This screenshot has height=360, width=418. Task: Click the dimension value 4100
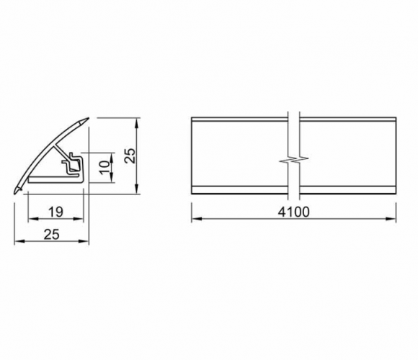pos(294,212)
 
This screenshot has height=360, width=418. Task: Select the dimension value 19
pos(56,212)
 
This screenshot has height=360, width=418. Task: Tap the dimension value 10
pos(104,167)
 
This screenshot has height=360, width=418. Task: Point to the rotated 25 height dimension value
pos(131,156)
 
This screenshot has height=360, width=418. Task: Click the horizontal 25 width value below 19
pos(52,234)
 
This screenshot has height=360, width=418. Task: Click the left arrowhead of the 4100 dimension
pos(196,219)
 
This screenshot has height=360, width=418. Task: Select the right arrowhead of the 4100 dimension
pos(391,219)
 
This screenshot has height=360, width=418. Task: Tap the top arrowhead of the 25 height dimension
pos(136,123)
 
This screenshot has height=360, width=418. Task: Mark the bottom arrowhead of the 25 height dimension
pos(136,189)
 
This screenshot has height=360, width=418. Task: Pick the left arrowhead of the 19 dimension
pos(32,219)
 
